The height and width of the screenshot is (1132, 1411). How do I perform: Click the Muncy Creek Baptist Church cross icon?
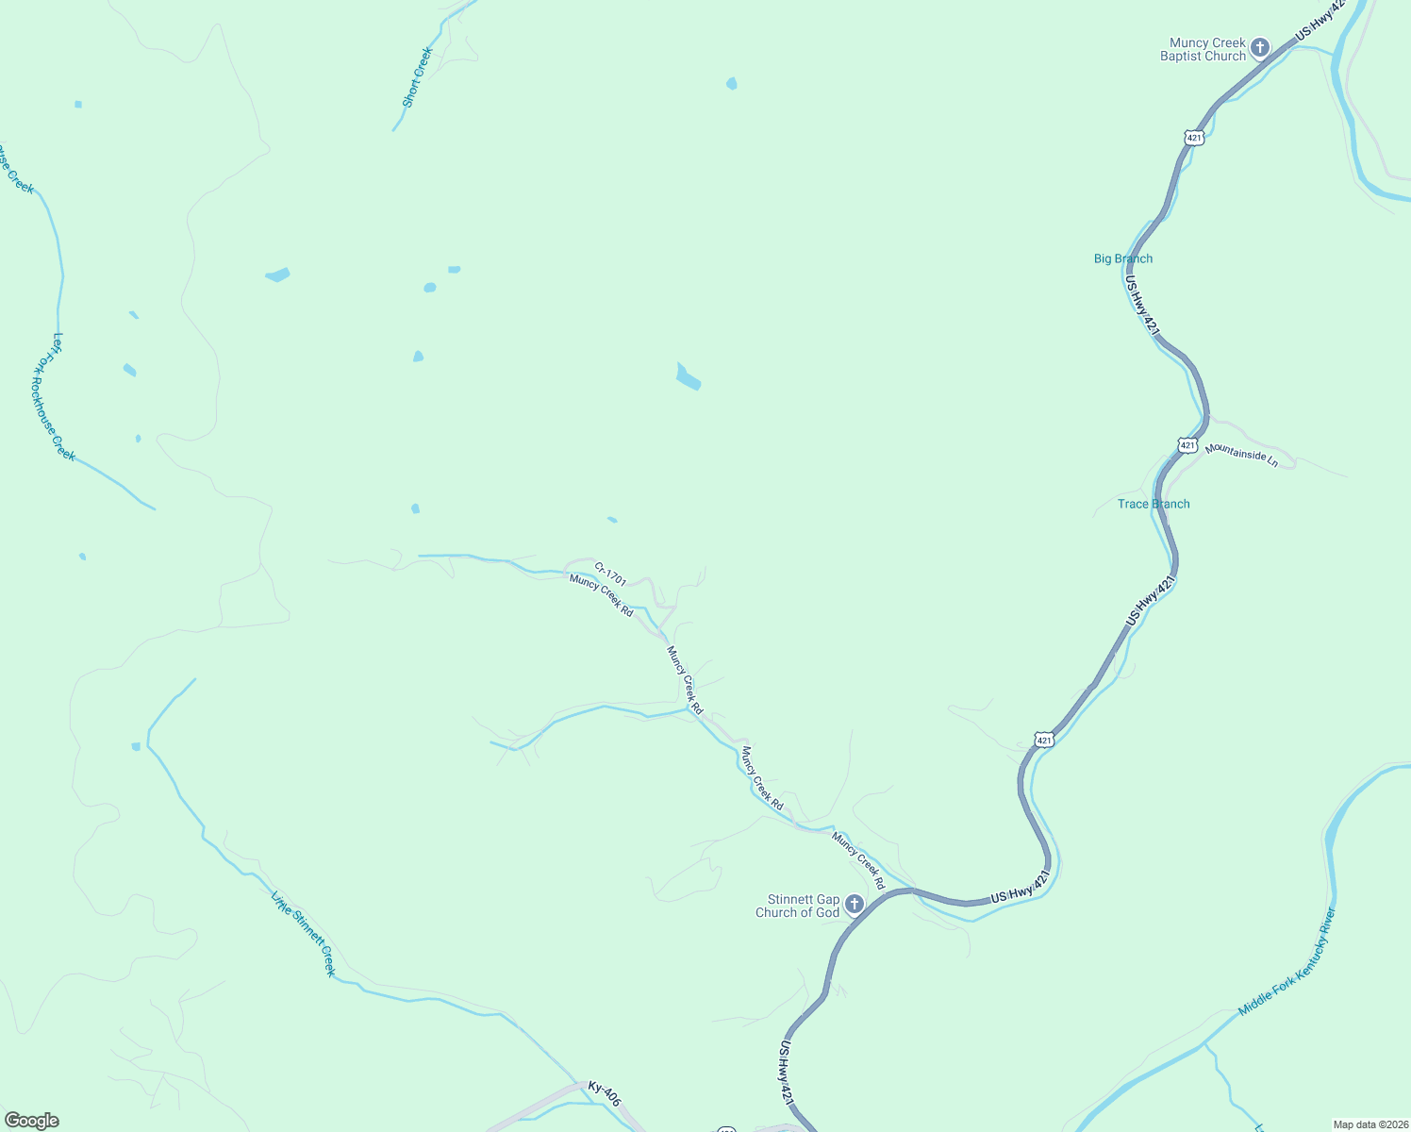1260,48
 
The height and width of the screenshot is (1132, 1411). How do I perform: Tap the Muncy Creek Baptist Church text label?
1203,49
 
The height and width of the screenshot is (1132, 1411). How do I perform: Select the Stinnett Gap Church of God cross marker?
854,906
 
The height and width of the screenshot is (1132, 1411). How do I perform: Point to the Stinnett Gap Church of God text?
797,906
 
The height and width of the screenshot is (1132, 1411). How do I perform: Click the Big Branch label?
1122,258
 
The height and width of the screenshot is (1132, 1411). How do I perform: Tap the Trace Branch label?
1154,504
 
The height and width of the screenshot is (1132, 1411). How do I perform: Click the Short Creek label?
416,77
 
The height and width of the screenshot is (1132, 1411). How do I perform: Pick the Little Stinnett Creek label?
304,934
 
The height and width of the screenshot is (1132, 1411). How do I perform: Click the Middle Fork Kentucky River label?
1288,961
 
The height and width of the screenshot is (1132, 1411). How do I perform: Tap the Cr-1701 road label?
610,574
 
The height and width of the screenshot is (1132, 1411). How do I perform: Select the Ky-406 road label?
604,1093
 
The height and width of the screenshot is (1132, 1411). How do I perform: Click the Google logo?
31,1121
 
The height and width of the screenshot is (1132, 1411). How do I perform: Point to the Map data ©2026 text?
1369,1124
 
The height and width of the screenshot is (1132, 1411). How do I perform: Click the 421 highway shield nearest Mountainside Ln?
1187,444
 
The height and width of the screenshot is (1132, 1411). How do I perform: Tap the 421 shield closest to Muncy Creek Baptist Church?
1194,138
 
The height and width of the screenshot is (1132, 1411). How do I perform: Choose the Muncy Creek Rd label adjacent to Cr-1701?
601,596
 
